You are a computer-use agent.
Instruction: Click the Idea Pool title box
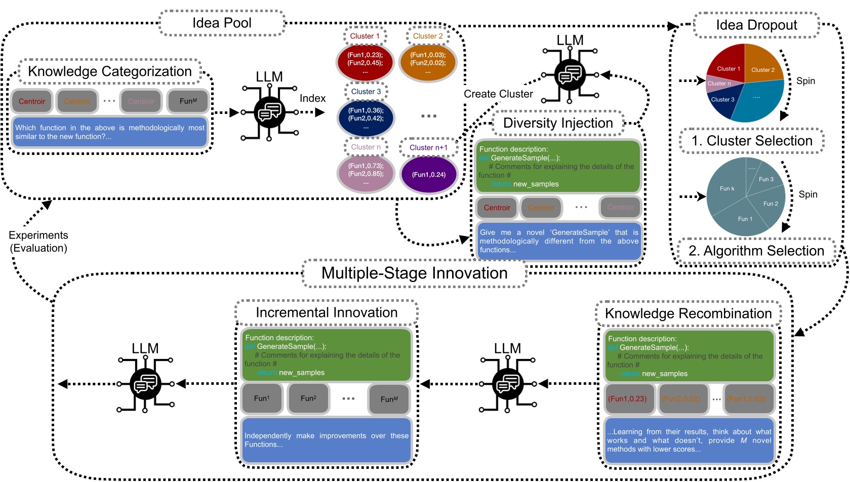point(222,23)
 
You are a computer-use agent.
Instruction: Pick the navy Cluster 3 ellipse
point(366,118)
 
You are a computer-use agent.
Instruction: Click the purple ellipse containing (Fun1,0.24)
point(429,175)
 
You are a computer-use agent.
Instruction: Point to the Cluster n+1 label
point(428,148)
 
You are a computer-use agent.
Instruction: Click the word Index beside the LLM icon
point(312,98)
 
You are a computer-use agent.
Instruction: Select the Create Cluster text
point(498,94)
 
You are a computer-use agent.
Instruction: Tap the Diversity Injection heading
point(558,123)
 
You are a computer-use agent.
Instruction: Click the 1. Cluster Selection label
point(752,141)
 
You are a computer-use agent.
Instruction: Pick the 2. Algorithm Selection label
point(756,251)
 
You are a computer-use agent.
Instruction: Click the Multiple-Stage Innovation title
point(414,273)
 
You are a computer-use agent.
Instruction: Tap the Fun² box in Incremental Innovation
point(308,398)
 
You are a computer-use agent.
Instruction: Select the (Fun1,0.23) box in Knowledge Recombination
point(628,399)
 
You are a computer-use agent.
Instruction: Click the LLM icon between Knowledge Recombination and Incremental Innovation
point(507,384)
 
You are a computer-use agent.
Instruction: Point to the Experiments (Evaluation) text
point(38,242)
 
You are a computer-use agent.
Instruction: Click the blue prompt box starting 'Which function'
point(110,132)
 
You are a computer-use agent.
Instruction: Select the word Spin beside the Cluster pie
point(805,81)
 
